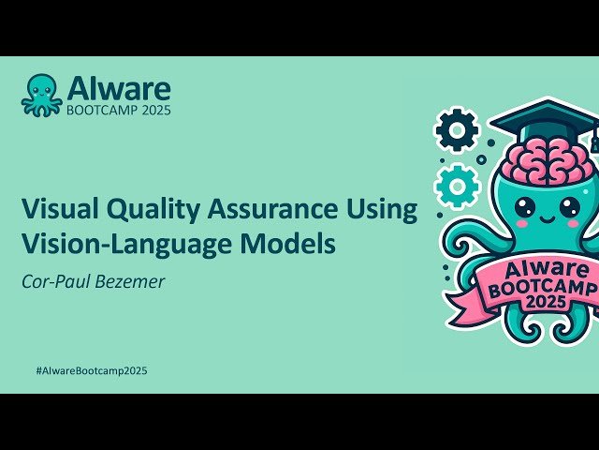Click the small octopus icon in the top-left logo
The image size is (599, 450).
(42, 95)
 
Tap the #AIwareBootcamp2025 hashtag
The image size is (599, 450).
(91, 370)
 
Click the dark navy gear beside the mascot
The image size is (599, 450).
(458, 130)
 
